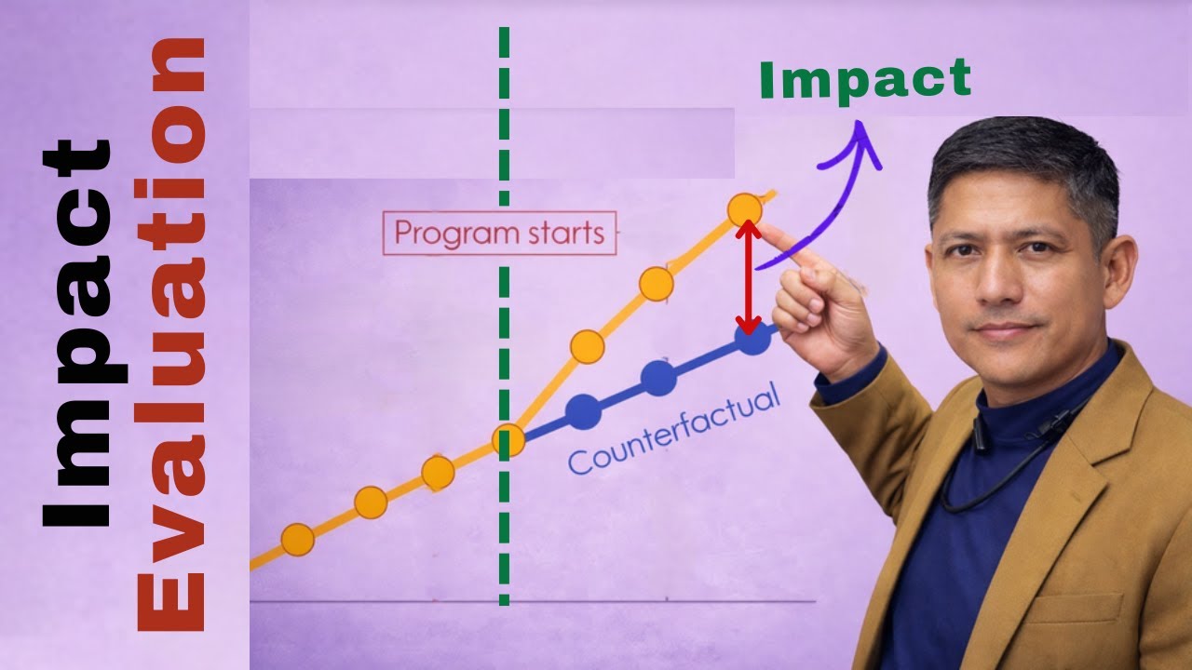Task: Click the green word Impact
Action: pos(865,80)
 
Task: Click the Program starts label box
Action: pos(499,233)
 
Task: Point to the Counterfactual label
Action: pos(672,433)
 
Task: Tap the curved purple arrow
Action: pos(843,186)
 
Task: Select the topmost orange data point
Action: pos(744,210)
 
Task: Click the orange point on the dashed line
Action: pos(508,442)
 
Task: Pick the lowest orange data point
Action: pos(297,539)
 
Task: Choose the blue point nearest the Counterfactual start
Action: pos(583,410)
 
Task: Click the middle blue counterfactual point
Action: pos(659,377)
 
